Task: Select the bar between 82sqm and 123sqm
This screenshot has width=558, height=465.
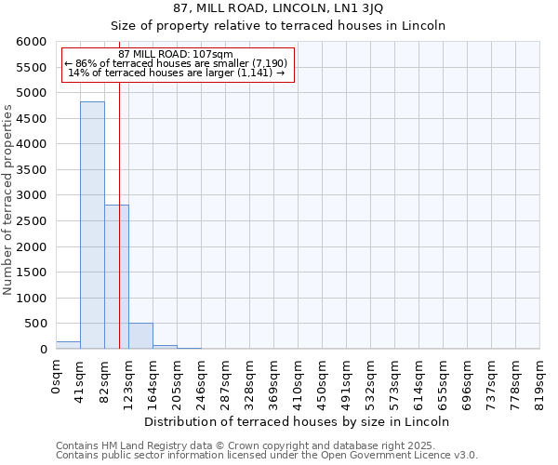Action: [116, 277]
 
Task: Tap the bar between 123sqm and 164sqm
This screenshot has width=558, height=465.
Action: [140, 336]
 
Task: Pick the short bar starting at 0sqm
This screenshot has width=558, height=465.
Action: [68, 345]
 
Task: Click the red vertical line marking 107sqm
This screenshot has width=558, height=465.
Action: [119, 232]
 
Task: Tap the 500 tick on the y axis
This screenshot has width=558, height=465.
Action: [36, 324]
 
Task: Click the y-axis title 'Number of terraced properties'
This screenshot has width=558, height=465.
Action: [8, 200]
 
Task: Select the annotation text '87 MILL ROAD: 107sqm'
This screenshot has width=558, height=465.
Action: [177, 54]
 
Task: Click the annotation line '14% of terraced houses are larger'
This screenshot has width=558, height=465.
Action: [177, 73]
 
